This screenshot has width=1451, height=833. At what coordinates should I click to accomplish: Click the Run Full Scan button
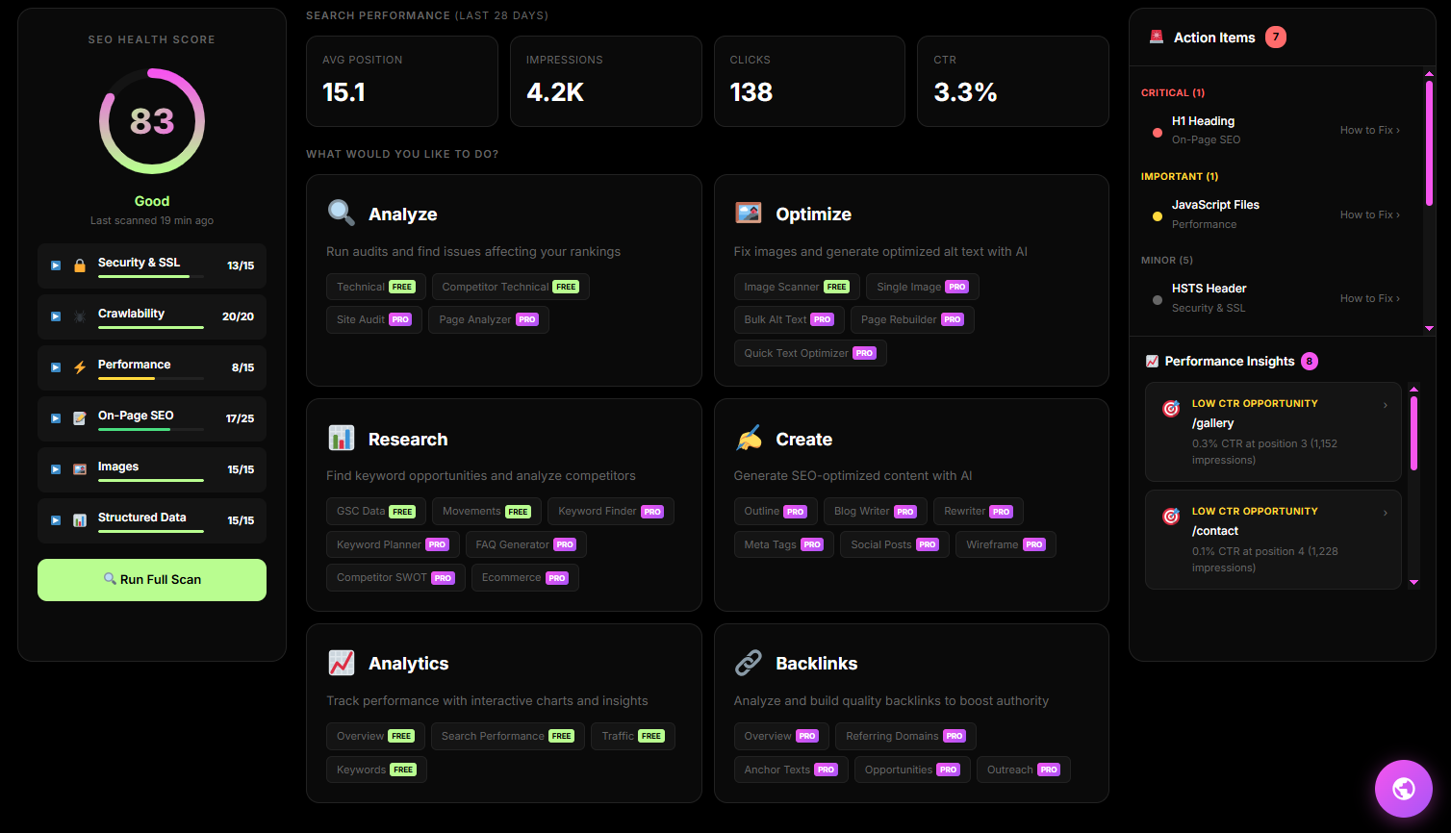coord(152,580)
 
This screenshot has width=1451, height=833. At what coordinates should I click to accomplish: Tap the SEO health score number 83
coord(152,121)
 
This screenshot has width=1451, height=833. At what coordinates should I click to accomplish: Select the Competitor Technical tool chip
coord(510,287)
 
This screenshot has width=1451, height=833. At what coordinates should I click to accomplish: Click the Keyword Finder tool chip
coord(610,512)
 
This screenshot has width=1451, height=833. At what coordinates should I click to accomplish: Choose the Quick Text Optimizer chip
coord(809,353)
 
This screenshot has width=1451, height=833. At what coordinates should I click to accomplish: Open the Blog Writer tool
coord(875,512)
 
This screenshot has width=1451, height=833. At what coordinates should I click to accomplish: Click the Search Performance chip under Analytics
coord(507,737)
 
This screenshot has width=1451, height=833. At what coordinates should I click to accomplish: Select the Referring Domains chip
coord(904,737)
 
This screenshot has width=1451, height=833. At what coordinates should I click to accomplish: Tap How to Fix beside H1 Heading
coord(1369,130)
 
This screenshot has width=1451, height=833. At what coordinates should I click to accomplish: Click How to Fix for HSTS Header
coord(1369,298)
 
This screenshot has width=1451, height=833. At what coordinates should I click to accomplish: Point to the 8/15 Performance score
coord(242,367)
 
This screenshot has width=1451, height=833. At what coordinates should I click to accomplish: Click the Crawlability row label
coord(131,314)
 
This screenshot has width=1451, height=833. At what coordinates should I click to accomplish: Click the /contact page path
coord(1215,531)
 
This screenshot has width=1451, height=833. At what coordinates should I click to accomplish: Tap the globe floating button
coord(1404,789)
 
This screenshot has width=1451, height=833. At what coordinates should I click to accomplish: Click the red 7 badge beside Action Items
coord(1276,38)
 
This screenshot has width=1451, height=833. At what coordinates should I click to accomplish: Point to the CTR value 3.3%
coord(965,92)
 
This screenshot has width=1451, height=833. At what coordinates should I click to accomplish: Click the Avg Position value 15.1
coord(344,92)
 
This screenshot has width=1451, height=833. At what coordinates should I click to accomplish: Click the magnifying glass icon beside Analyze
coord(341,214)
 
